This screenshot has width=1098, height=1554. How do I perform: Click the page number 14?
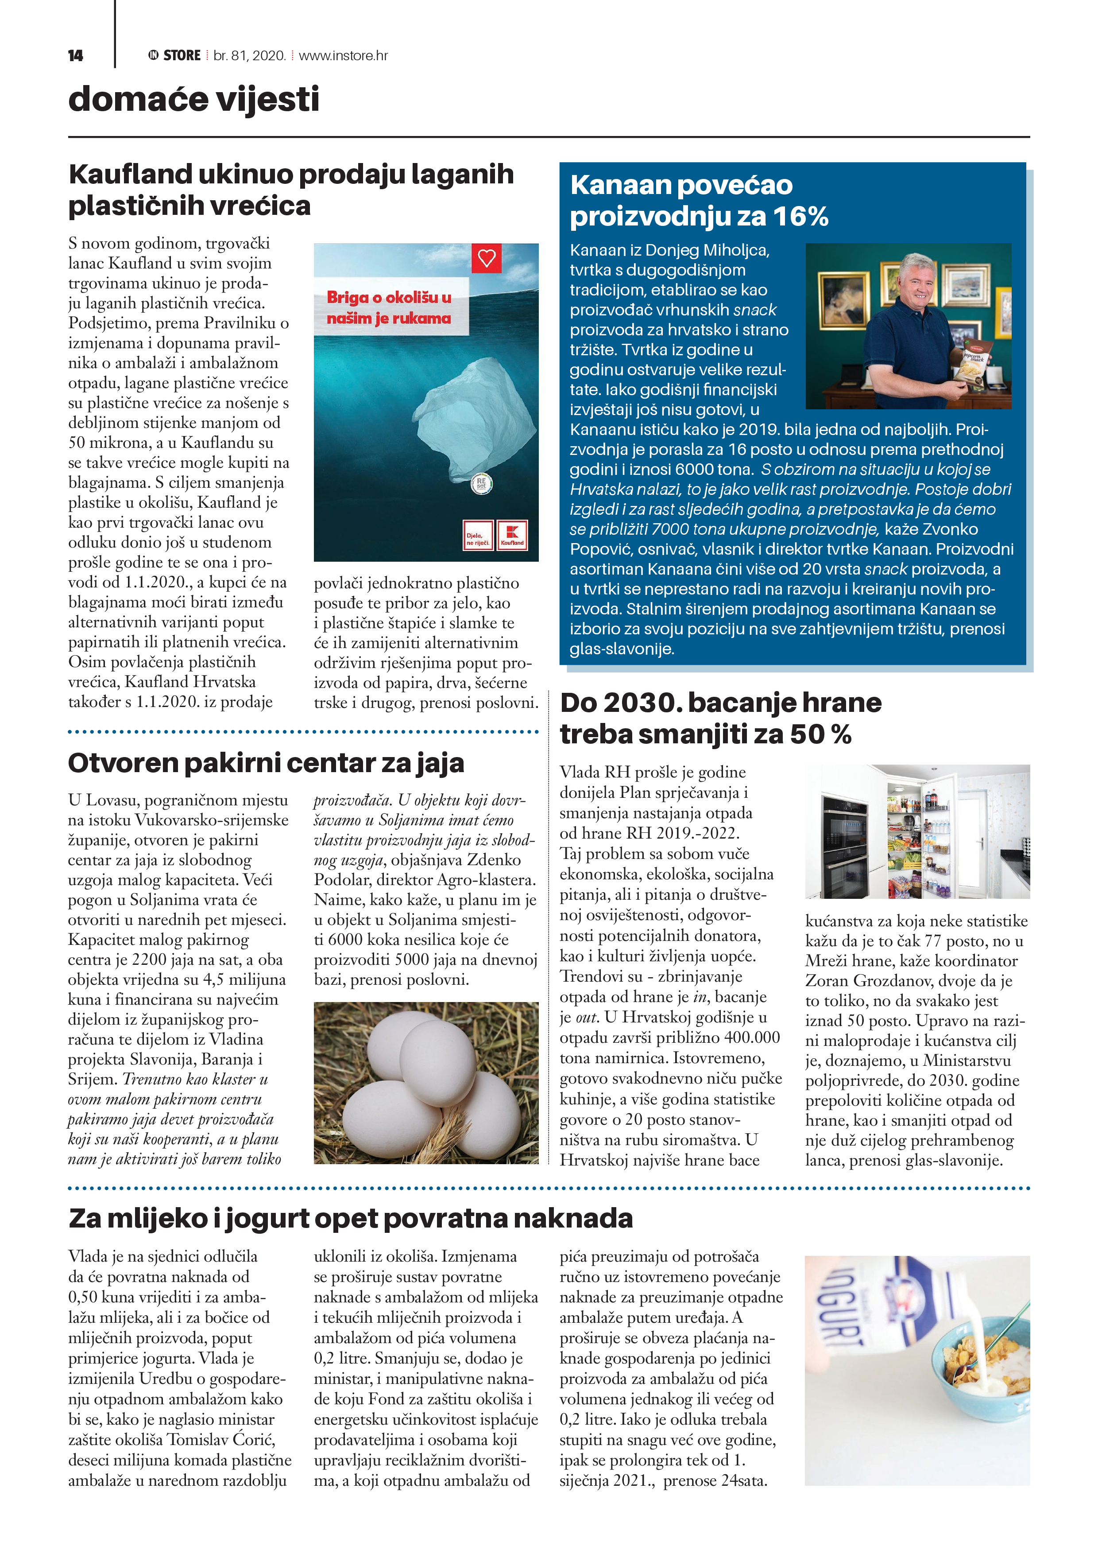tap(75, 55)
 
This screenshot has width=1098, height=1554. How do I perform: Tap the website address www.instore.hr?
tap(343, 55)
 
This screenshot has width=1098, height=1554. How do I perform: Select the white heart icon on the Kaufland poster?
tap(487, 258)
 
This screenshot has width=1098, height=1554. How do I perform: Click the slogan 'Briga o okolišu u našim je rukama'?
tap(389, 307)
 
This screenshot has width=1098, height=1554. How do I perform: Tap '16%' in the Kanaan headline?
tap(800, 217)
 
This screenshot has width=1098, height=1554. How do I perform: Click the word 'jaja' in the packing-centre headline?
tap(440, 763)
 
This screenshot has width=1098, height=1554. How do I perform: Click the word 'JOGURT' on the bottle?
tap(840, 1309)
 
